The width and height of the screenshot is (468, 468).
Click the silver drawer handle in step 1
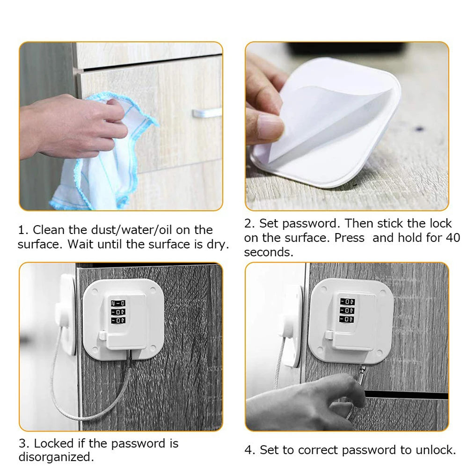[206, 113]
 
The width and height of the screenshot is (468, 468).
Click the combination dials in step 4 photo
[347, 310]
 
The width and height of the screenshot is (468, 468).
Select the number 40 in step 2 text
[453, 238]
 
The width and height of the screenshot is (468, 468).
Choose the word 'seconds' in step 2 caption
[268, 252]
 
